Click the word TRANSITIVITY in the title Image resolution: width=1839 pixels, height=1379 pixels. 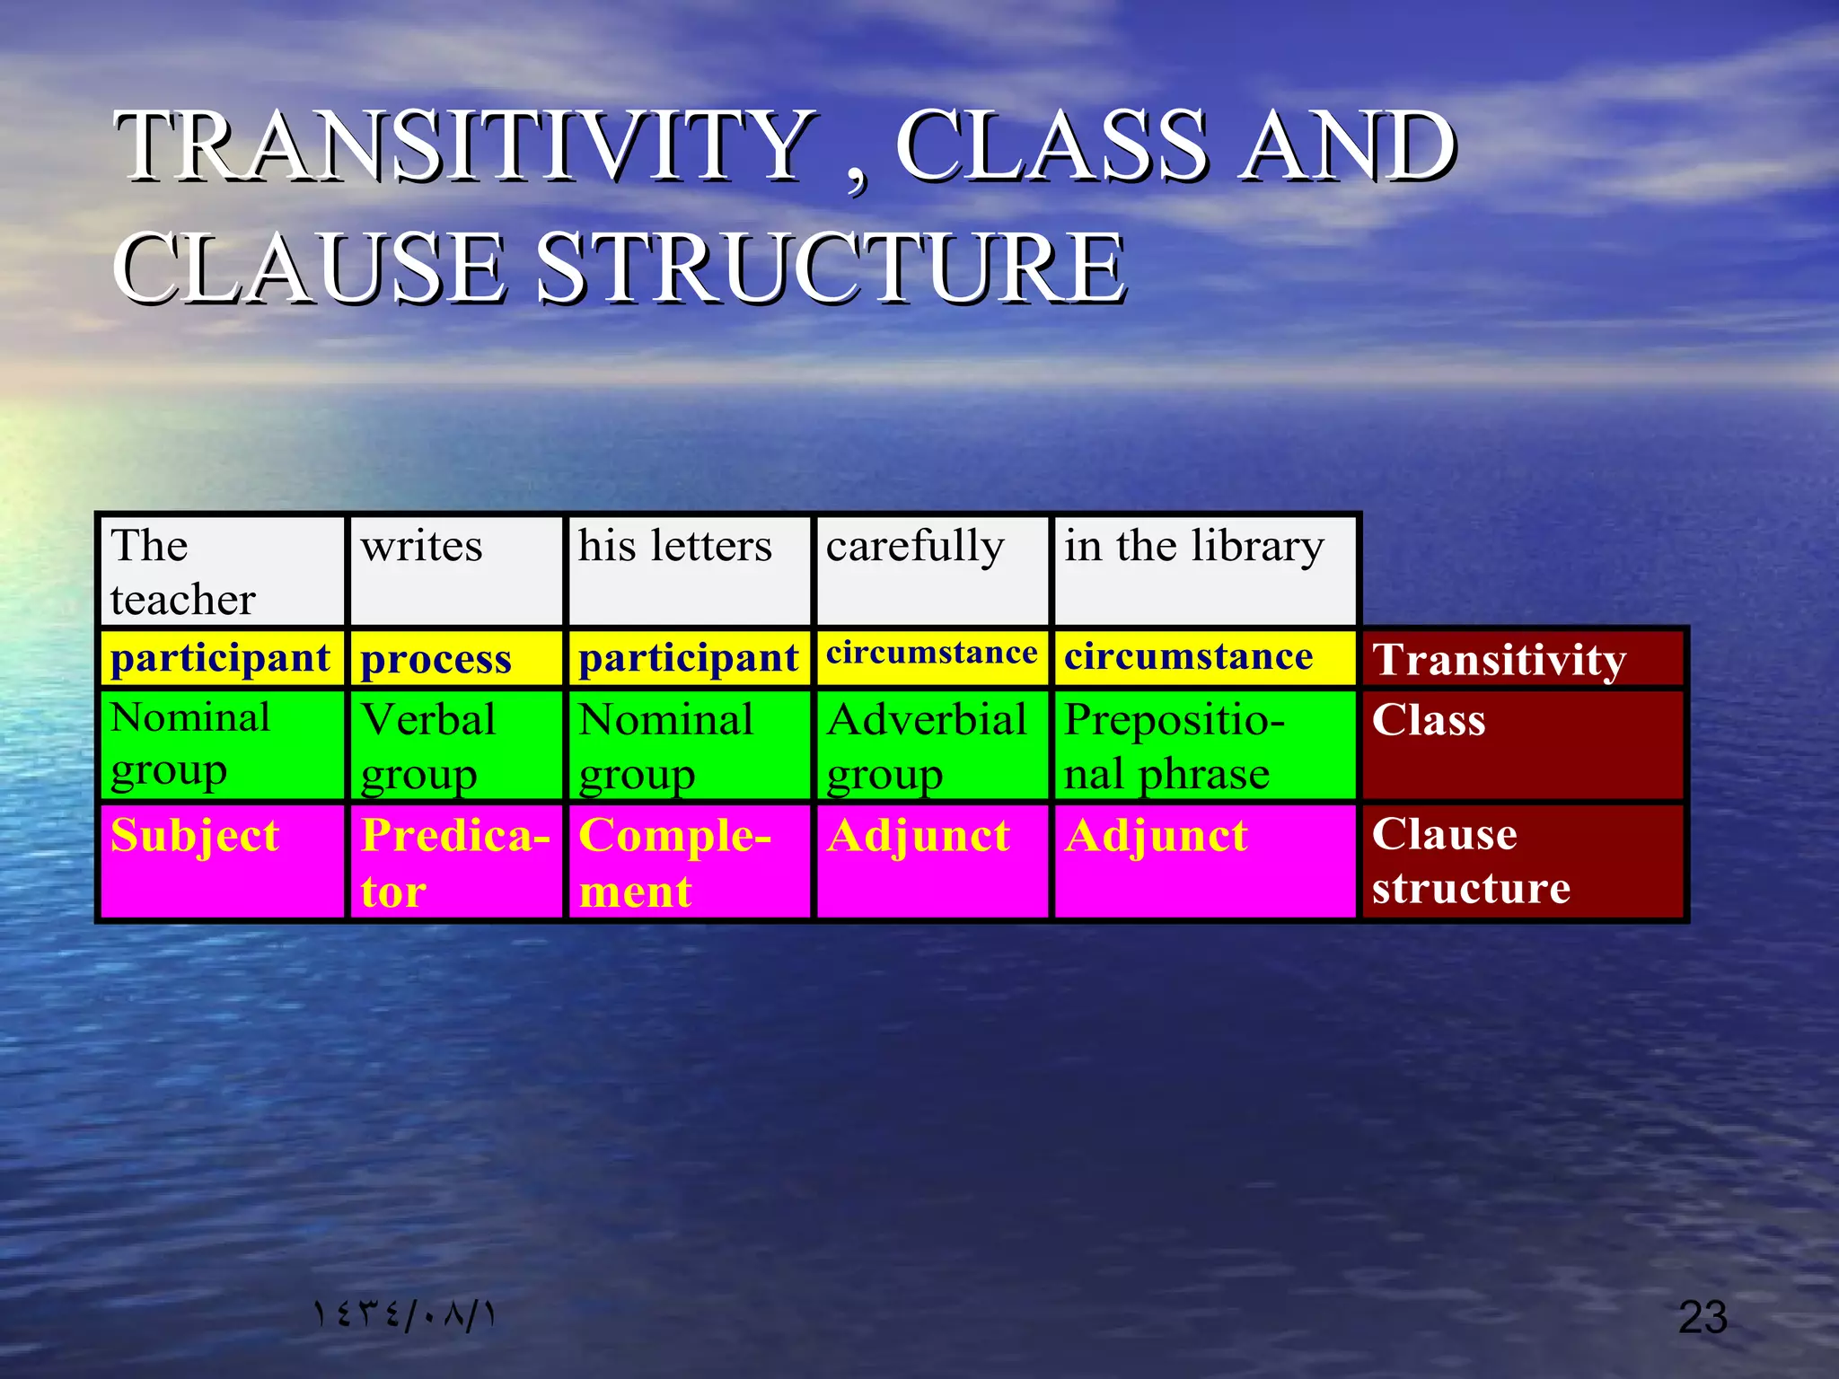(467, 145)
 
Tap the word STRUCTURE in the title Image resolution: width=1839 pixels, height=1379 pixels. (831, 268)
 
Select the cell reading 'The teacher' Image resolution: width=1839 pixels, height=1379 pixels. (222, 571)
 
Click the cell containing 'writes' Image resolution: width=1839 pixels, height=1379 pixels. (455, 571)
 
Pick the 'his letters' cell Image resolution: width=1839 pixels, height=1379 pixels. (689, 571)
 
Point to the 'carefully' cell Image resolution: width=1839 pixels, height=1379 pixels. (931, 571)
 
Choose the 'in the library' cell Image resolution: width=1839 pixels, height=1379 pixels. (1204, 571)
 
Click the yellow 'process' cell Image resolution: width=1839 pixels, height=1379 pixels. (455, 659)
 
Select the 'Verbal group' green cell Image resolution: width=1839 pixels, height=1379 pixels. (455, 745)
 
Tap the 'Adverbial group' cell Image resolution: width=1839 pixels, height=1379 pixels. (931, 745)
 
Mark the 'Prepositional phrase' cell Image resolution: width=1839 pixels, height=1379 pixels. (1204, 745)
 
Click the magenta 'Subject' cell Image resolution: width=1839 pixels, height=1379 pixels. (222, 860)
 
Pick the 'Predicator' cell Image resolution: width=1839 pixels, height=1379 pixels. (455, 860)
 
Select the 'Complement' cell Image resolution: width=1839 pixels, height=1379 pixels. (689, 860)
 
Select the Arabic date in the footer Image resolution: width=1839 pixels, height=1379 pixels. (404, 1316)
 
